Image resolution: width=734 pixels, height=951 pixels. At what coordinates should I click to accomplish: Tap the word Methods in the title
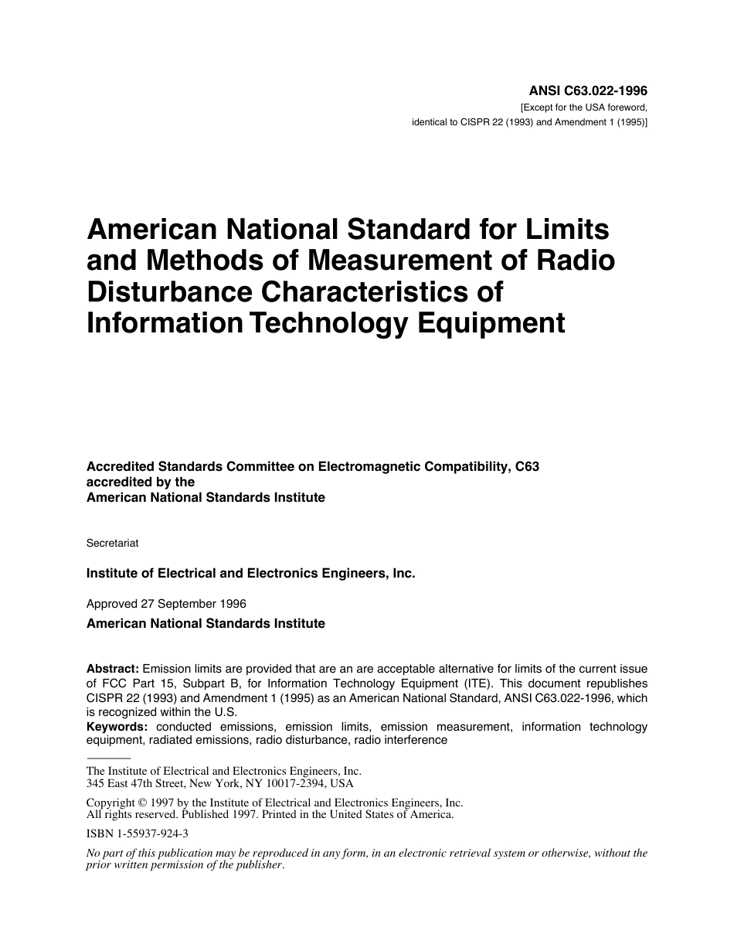click(199, 261)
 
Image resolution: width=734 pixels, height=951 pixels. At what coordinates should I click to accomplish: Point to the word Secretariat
click(113, 544)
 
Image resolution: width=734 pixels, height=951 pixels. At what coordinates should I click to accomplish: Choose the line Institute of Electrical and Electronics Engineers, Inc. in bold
click(251, 574)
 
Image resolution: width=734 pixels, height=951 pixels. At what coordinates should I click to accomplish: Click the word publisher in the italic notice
click(257, 865)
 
